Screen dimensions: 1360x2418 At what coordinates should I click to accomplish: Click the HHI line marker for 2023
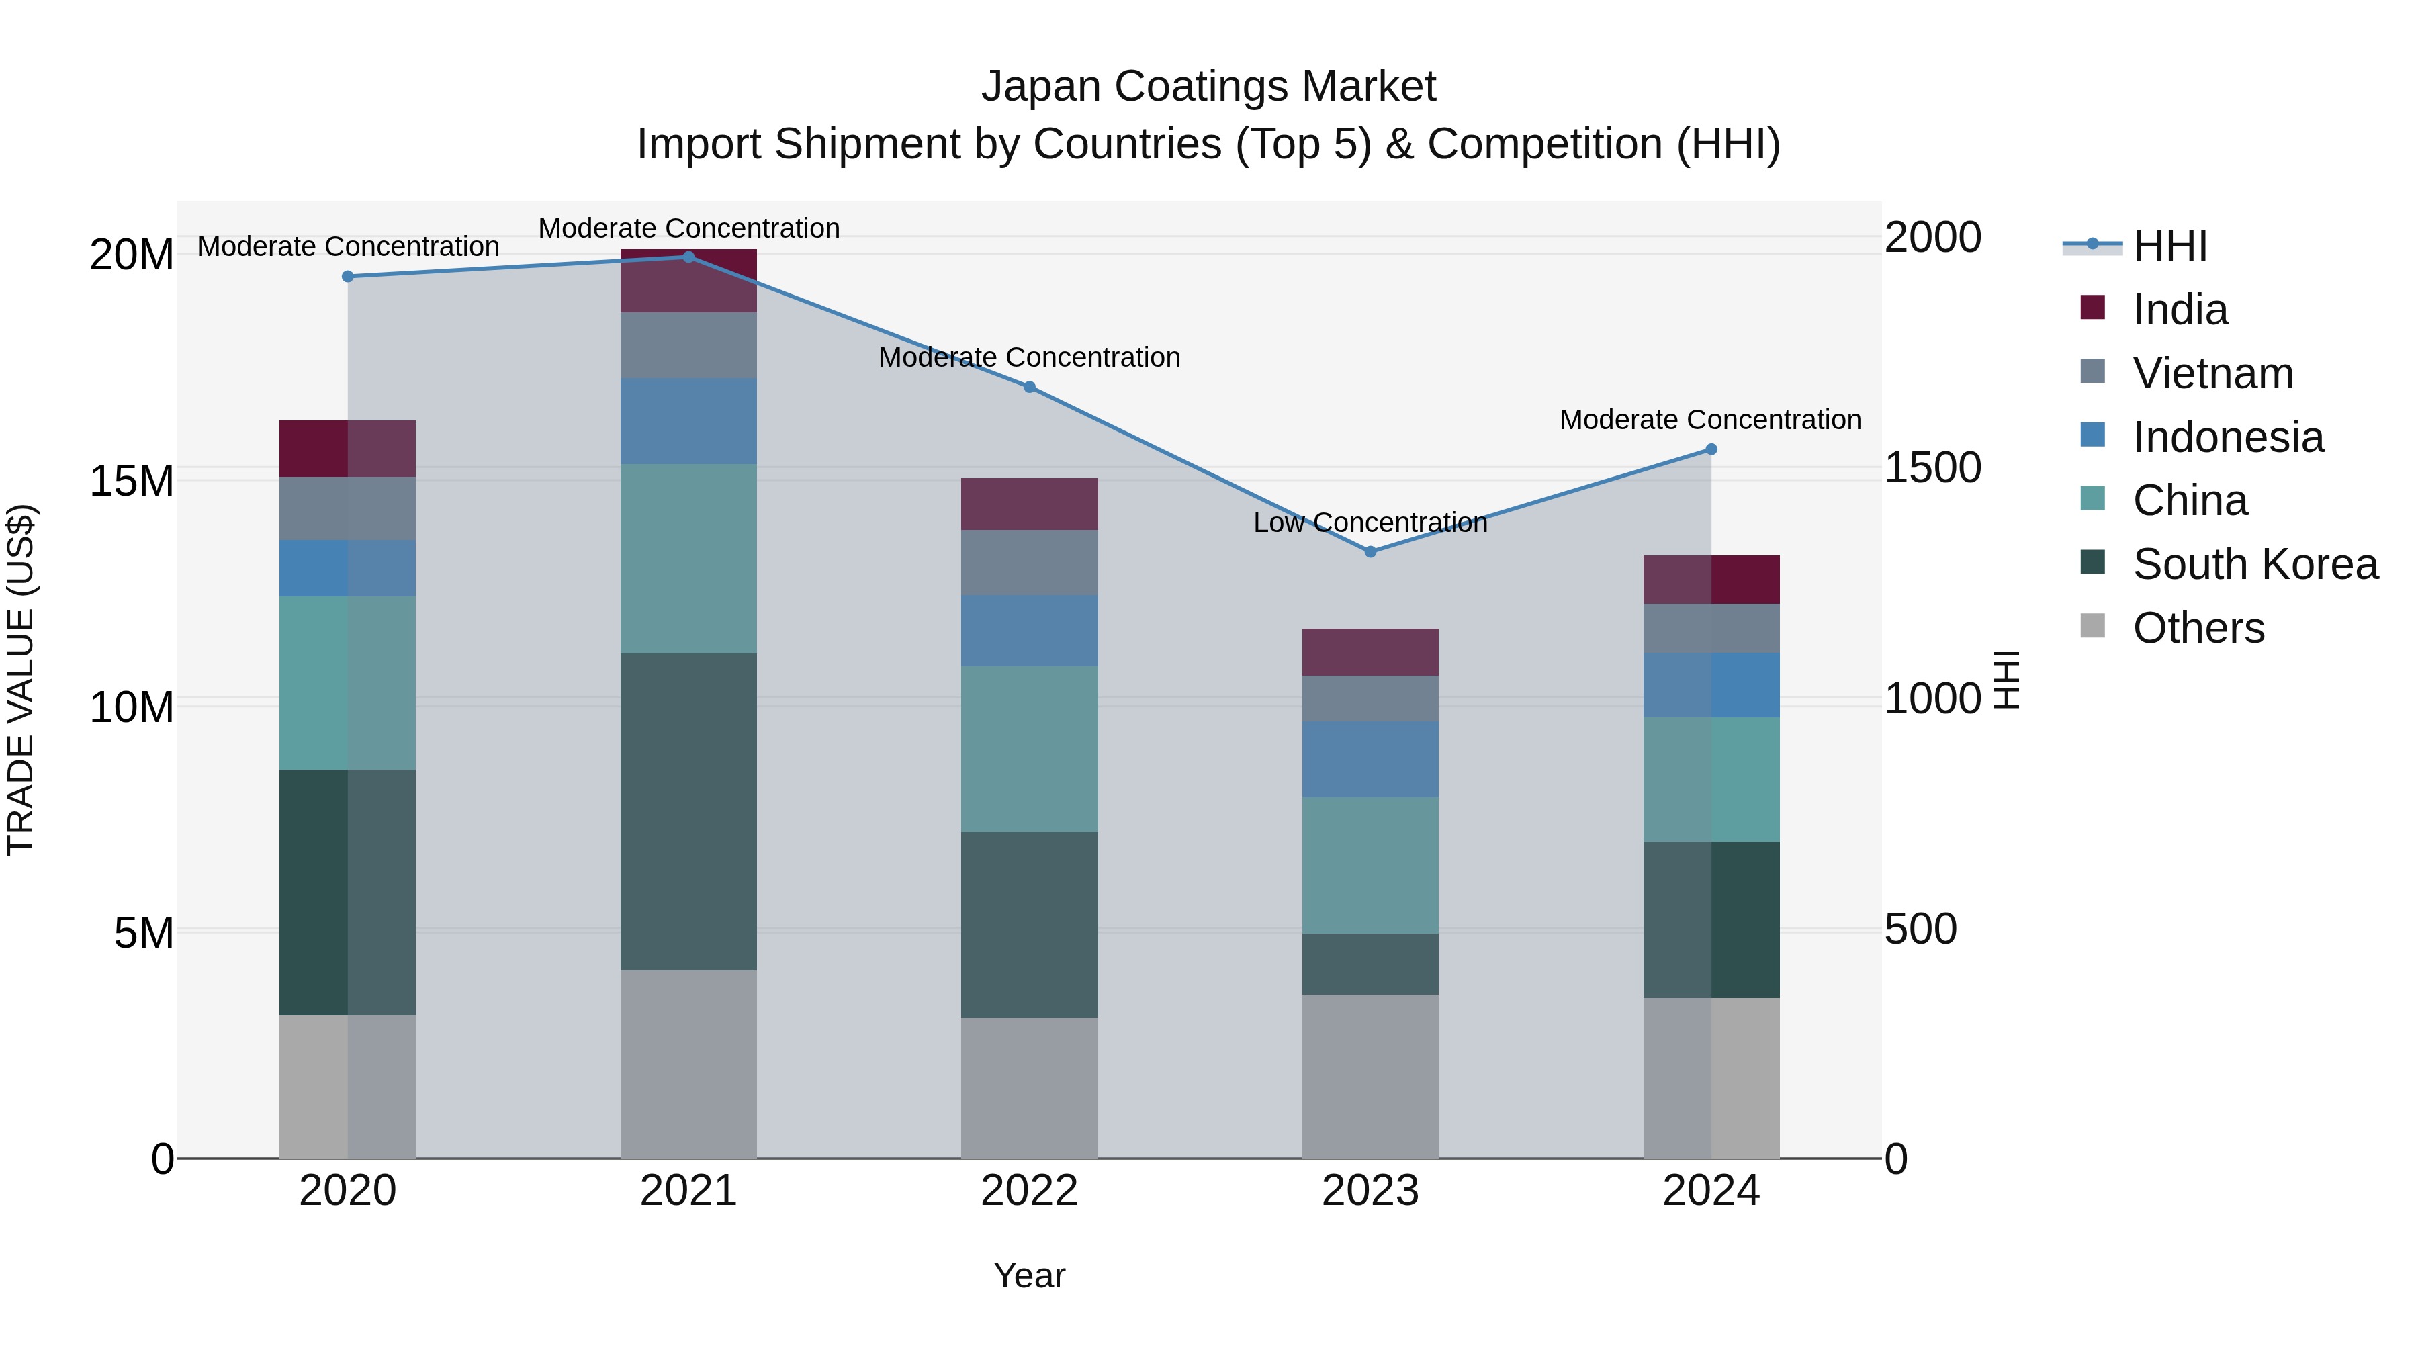click(1370, 552)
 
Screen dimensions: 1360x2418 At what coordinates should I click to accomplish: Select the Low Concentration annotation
click(1370, 523)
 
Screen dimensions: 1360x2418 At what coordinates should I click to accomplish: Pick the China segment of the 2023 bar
click(1370, 866)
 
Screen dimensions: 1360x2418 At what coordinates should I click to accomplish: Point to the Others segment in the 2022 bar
click(1029, 1088)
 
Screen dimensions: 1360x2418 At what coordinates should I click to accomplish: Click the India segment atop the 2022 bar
click(1029, 504)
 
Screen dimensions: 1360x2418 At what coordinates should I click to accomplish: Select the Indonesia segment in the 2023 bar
click(1370, 760)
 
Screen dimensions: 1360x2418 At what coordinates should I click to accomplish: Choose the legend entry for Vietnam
click(2212, 373)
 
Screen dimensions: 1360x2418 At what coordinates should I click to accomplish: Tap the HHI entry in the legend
click(2169, 246)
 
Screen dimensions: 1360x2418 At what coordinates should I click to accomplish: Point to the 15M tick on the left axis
click(132, 481)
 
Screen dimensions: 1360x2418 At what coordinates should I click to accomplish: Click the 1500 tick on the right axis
click(1932, 467)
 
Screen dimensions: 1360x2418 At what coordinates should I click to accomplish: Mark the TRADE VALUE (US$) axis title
click(21, 680)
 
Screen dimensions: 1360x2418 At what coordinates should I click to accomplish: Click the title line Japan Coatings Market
click(1208, 87)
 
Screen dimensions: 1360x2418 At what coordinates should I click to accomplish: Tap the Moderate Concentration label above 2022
click(1029, 357)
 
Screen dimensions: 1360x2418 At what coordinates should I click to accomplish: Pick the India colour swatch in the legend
click(2092, 308)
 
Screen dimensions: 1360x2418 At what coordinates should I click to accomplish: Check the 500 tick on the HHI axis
click(1920, 930)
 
